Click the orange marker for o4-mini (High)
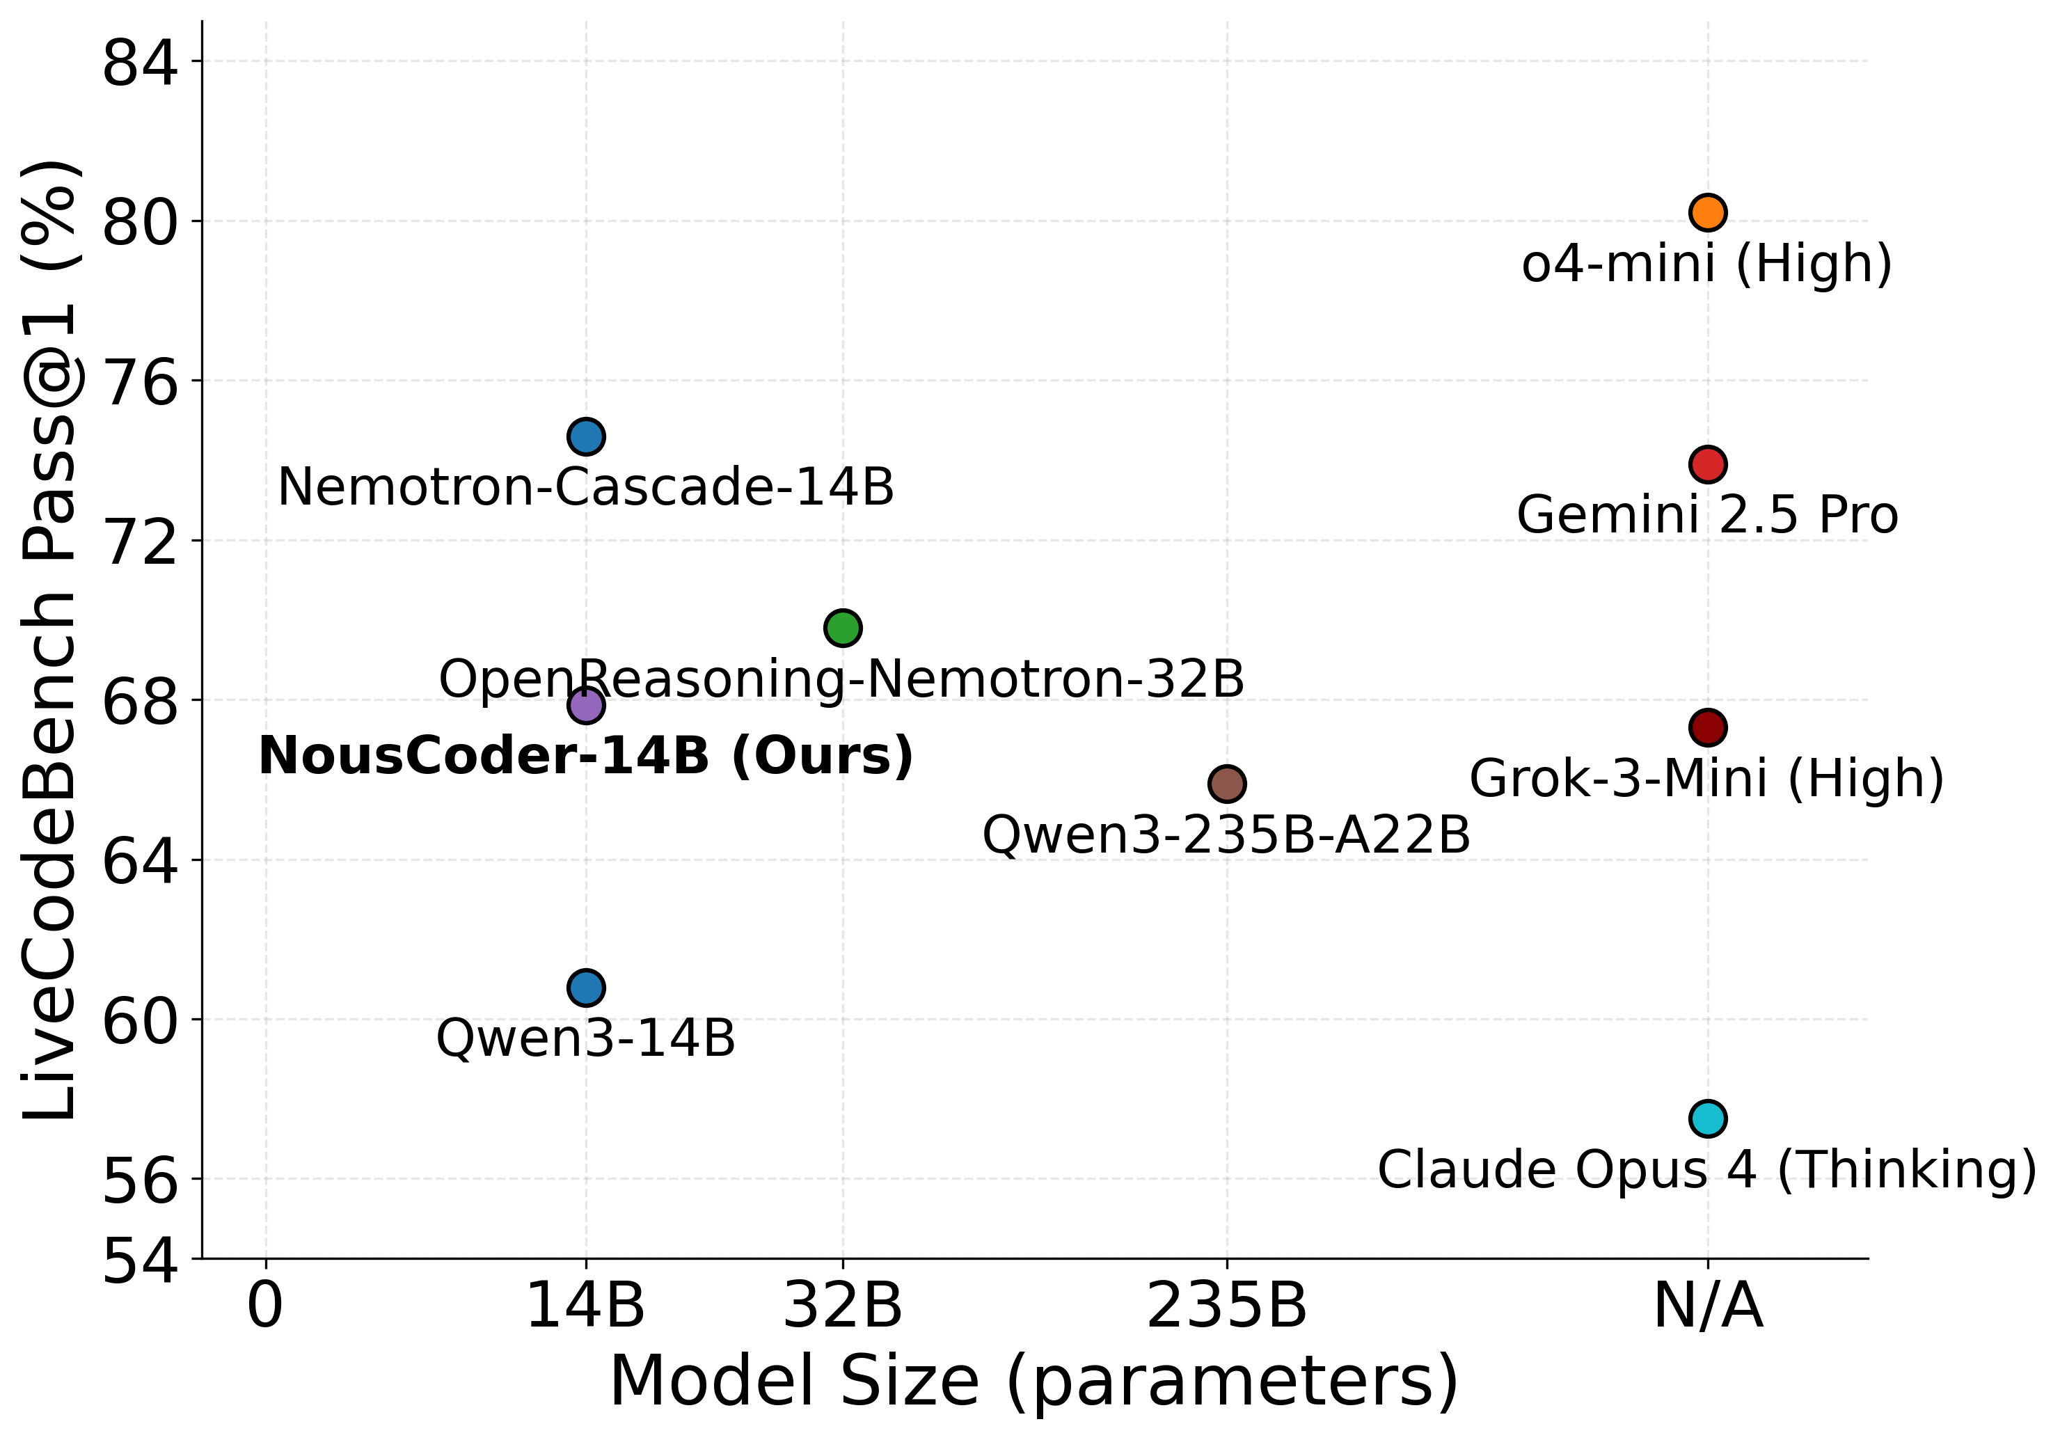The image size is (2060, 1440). [x=1707, y=213]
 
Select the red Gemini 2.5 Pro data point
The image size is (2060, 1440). [x=1707, y=465]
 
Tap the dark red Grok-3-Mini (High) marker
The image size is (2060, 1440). [x=1707, y=727]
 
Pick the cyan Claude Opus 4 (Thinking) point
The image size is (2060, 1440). [x=1707, y=1119]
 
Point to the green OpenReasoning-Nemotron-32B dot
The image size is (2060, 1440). [x=843, y=628]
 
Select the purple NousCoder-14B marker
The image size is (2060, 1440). [x=586, y=705]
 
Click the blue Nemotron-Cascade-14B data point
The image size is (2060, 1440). [x=586, y=437]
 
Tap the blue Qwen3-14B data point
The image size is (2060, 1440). [x=586, y=988]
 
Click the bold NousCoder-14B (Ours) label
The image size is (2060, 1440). [x=586, y=757]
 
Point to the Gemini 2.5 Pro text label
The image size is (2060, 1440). [x=1707, y=516]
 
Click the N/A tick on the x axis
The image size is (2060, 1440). [x=1707, y=1306]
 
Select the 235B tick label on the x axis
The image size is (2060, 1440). [x=1226, y=1306]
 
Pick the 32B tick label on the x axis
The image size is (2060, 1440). [x=843, y=1306]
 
